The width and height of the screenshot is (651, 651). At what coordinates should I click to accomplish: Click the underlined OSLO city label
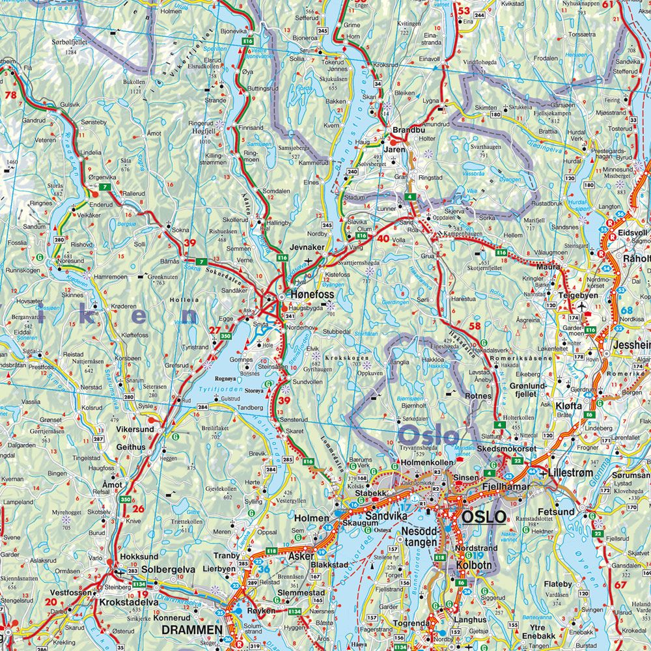point(483,516)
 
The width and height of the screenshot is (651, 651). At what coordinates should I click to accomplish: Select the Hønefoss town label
point(310,294)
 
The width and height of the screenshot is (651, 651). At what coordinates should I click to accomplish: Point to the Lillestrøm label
point(574,472)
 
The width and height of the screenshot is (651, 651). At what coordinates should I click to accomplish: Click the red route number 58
point(475,325)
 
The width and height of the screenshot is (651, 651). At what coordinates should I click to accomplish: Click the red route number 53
point(464,10)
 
